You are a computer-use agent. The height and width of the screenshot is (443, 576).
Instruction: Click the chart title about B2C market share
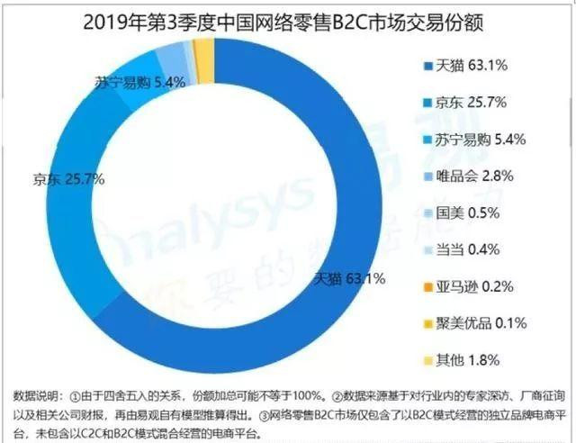point(288,18)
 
